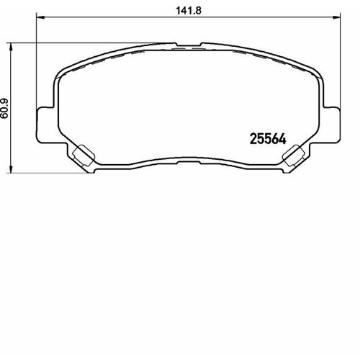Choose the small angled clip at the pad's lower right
[294, 156]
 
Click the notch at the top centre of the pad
[189, 45]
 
